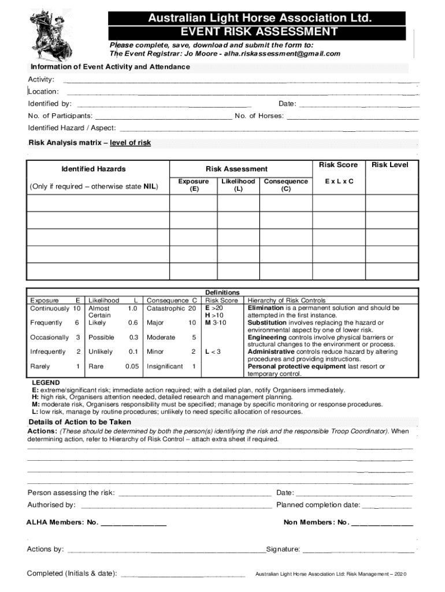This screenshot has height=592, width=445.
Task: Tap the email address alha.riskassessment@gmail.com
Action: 283,54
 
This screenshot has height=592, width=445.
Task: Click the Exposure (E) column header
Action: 193,185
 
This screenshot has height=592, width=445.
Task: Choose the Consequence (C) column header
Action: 285,185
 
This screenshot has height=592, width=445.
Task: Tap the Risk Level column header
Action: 390,165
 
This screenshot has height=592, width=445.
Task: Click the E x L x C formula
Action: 339,182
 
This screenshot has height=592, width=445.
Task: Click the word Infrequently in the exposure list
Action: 48,352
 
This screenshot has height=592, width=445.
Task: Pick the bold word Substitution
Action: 267,323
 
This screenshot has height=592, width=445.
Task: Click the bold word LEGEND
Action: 45,383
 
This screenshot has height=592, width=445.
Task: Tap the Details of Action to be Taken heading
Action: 80,423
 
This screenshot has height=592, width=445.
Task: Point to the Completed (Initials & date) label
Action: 72,574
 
